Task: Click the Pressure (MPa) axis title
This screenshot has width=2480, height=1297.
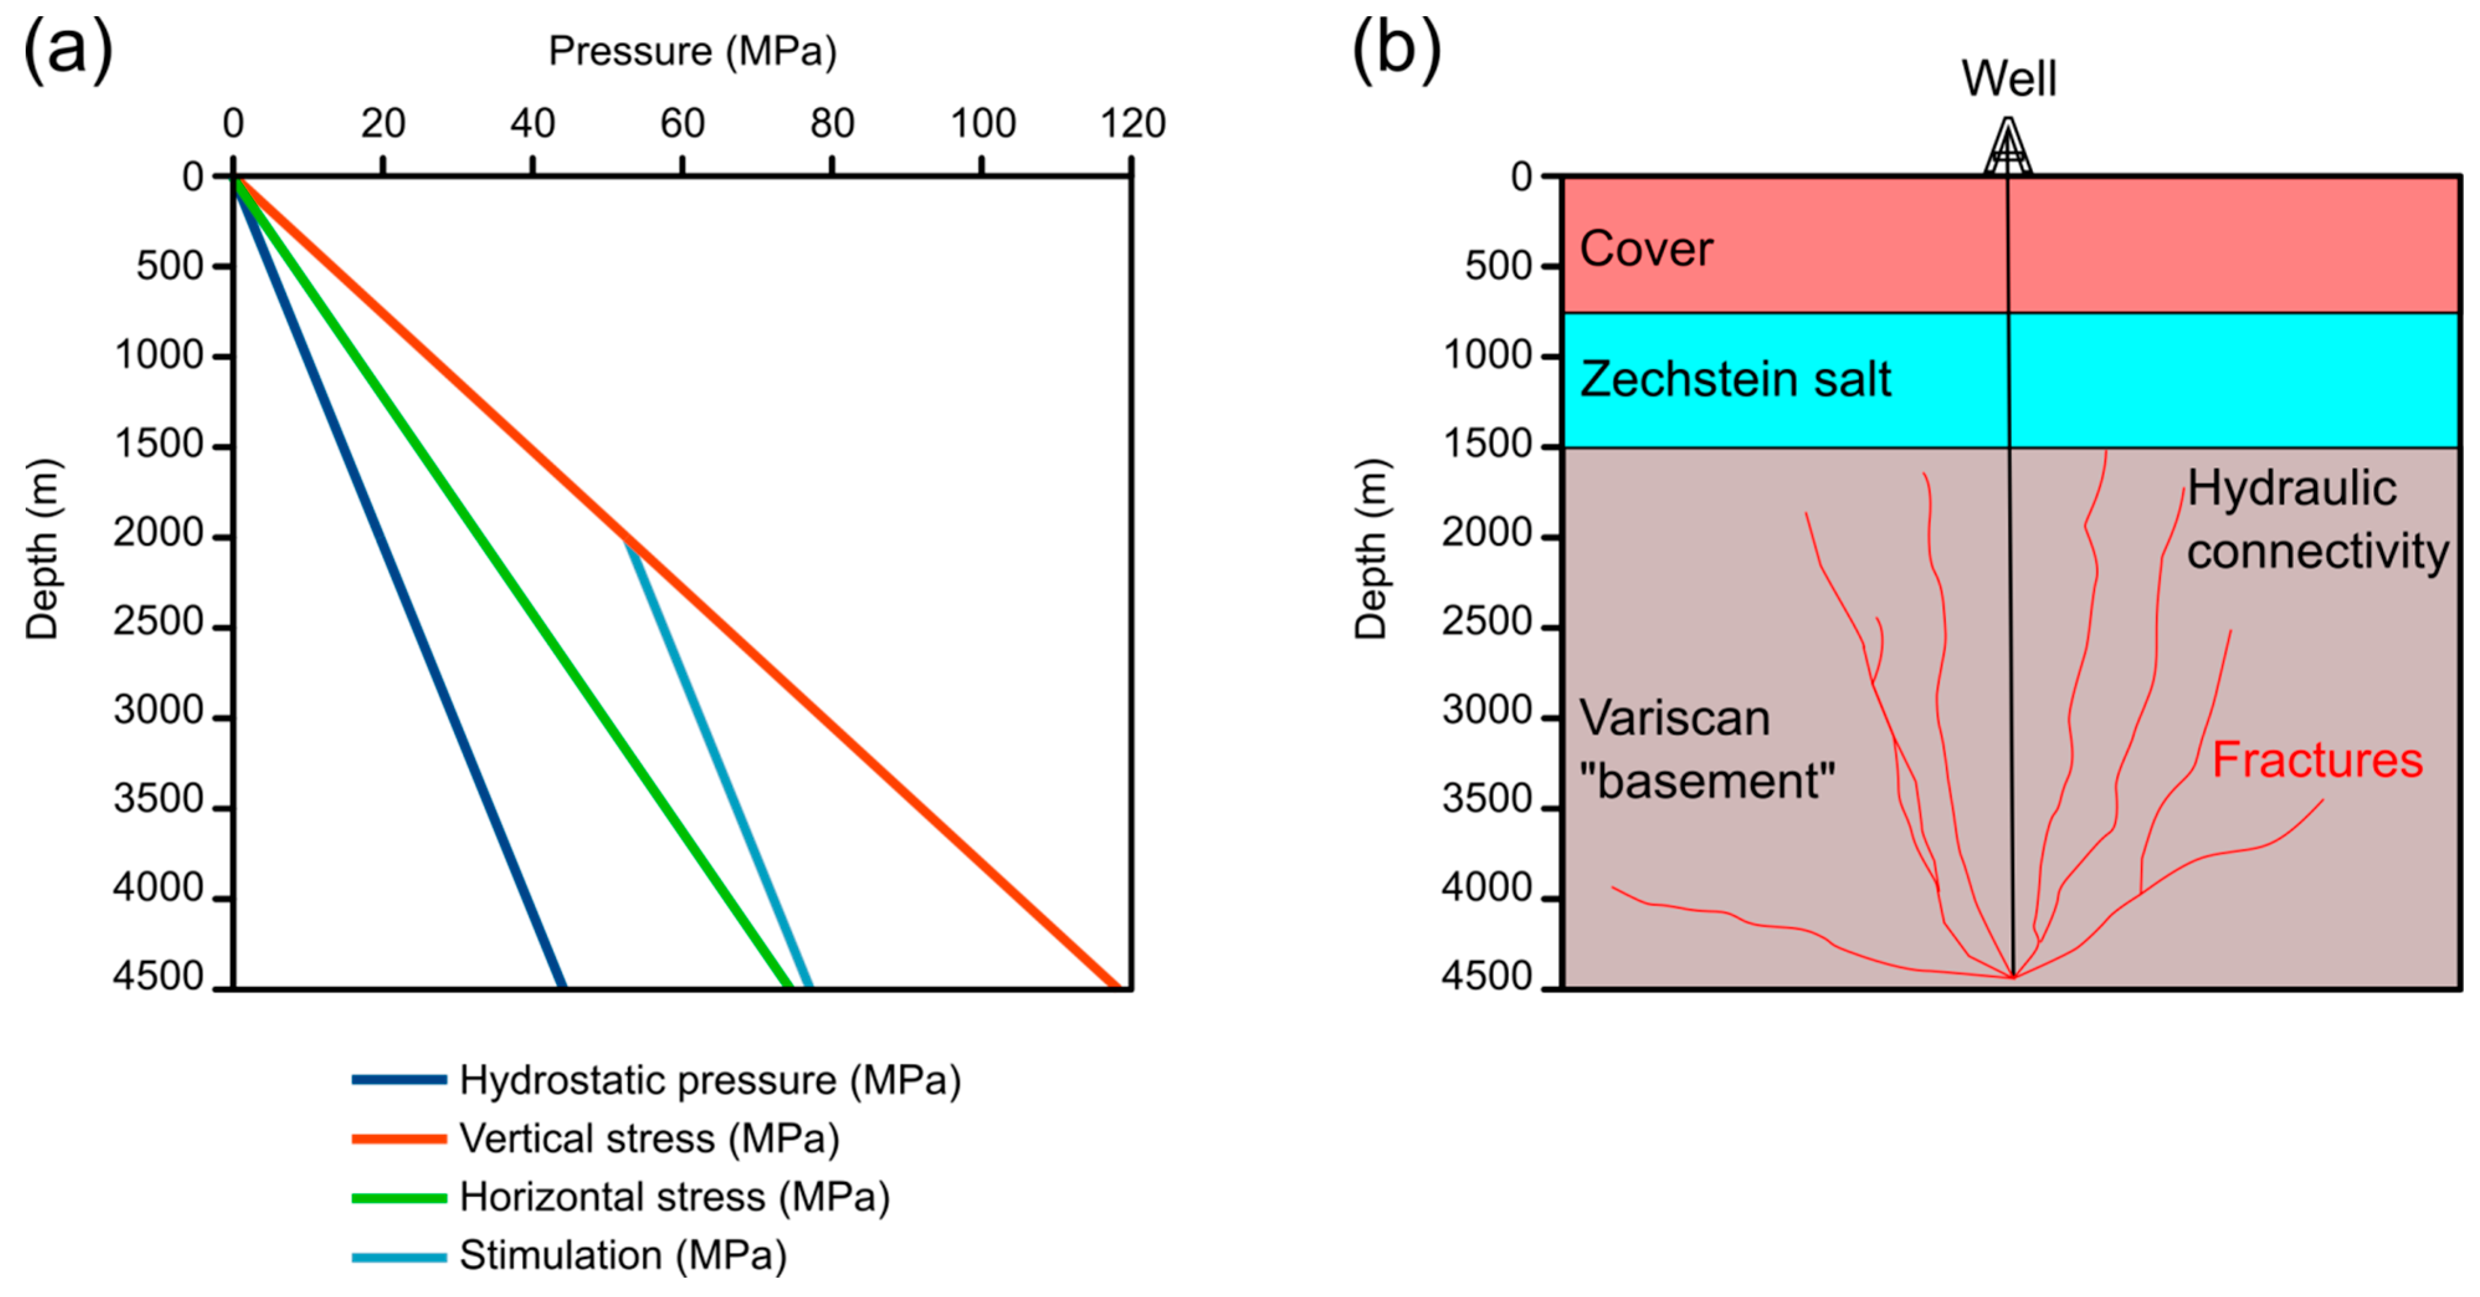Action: tap(692, 51)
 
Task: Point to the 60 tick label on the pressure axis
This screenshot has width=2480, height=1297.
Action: tap(682, 123)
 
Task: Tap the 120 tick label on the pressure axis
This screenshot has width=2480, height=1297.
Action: tap(1132, 123)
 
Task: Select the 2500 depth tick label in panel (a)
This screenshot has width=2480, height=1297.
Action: tap(159, 622)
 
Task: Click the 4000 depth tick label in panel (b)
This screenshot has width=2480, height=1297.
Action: tap(1487, 888)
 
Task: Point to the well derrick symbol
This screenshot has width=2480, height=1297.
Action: tap(2008, 147)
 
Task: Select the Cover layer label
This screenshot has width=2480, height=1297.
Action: tap(1646, 248)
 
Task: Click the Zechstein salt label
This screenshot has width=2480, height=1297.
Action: tap(1735, 380)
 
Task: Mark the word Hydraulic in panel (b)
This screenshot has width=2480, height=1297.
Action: tap(2291, 488)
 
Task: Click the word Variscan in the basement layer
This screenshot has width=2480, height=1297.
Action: tap(1674, 718)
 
